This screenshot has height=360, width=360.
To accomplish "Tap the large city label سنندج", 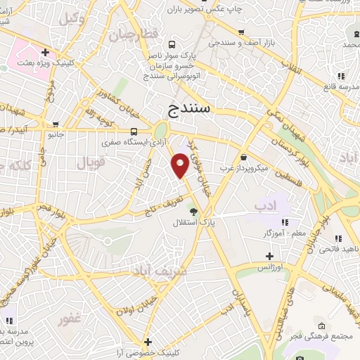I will click(x=194, y=109).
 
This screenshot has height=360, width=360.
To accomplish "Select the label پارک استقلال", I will click(x=196, y=223).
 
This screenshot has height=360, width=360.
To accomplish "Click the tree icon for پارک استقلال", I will click(x=194, y=212).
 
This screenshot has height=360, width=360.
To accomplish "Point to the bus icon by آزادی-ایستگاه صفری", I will click(x=134, y=131).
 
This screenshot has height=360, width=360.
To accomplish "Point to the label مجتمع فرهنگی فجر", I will click(x=323, y=337).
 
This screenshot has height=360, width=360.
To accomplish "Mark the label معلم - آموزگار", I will click(x=265, y=233).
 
